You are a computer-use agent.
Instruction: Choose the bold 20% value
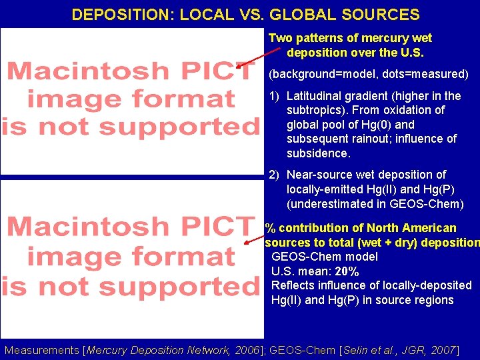[x=347, y=271]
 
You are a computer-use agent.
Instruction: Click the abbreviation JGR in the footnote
[x=411, y=350]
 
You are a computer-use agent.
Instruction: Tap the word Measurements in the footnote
[x=41, y=350]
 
